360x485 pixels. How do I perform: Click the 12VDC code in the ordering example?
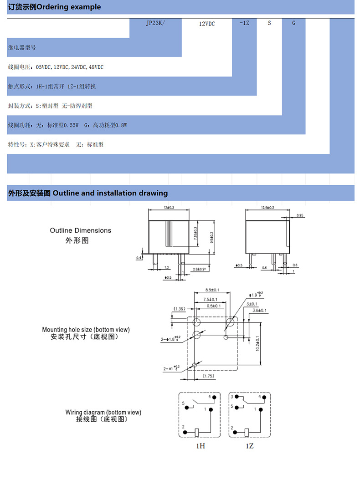207,24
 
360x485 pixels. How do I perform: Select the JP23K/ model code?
155,22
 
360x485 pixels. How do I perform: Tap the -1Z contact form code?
244,22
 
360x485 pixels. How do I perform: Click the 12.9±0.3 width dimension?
267,208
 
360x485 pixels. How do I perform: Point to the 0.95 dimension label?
300,215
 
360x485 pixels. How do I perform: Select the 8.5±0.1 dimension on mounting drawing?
212,290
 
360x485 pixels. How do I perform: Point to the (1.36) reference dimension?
179,309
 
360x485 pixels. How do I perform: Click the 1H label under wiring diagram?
201,446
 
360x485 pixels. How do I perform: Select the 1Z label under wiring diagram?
249,446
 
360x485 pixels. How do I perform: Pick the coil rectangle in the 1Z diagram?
247,431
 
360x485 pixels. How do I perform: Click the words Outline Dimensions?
80,230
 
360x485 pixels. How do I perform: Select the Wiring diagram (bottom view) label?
103,413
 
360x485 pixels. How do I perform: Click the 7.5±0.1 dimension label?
210,299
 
